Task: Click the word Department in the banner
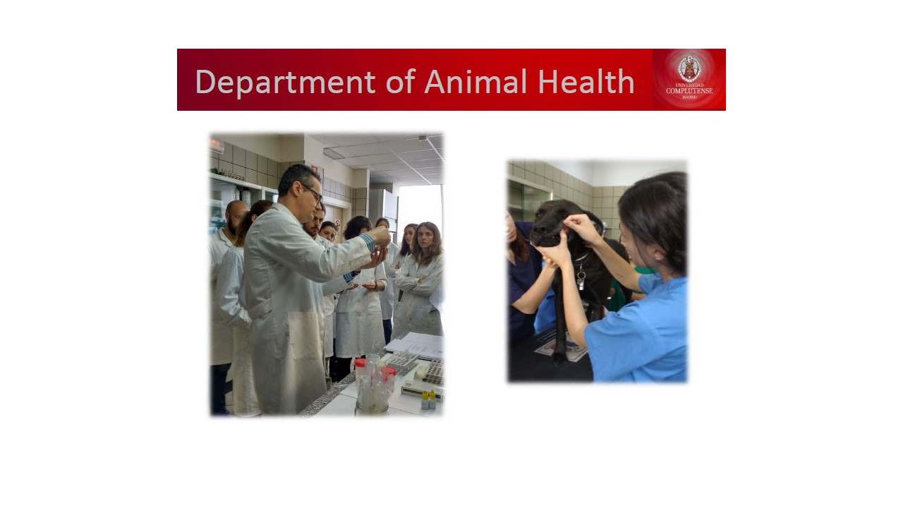pyautogui.click(x=286, y=83)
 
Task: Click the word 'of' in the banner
pyautogui.click(x=400, y=81)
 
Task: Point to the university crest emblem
pyautogui.click(x=689, y=68)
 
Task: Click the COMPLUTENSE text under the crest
pyautogui.click(x=689, y=91)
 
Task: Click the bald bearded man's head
pyautogui.click(x=236, y=216)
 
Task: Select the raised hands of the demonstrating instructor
pyautogui.click(x=378, y=247)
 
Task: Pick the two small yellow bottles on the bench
pyautogui.click(x=428, y=400)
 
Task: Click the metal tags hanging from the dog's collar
pyautogui.click(x=581, y=279)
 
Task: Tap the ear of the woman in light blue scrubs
pyautogui.click(x=659, y=255)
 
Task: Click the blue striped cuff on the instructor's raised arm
pyautogui.click(x=368, y=243)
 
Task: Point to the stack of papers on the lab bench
pyautogui.click(x=416, y=346)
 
